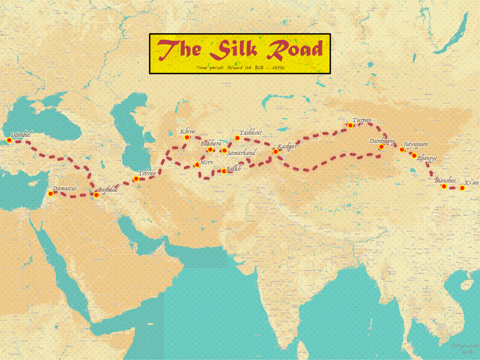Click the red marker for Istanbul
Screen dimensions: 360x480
pos(9,140)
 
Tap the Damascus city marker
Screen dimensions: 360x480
pos(51,194)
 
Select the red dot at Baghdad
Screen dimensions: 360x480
pos(96,195)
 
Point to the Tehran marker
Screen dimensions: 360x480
pos(136,179)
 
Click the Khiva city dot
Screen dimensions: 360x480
pos(187,138)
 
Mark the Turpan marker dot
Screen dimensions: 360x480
pos(350,125)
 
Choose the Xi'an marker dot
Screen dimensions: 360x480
pos(462,188)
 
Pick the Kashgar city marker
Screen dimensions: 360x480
pos(275,152)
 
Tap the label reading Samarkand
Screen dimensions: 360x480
pos(241,153)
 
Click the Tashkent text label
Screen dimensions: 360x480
pos(251,132)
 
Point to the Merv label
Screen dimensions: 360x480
pos(206,162)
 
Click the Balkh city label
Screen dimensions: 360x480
pos(234,169)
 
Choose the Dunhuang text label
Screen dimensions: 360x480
pos(382,141)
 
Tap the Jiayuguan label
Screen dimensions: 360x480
pos(416,144)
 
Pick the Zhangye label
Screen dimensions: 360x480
pos(427,158)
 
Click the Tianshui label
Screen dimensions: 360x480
pos(445,180)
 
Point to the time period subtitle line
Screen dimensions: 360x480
pos(240,68)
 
